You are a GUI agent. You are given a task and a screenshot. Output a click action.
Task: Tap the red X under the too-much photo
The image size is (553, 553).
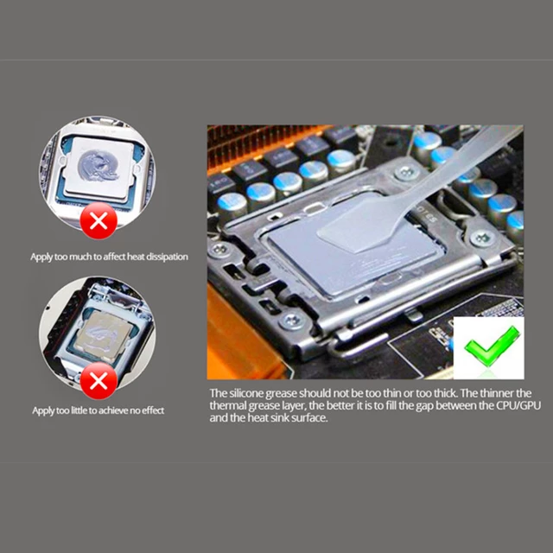click(99, 221)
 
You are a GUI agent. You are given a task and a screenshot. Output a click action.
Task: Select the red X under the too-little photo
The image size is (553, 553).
click(99, 381)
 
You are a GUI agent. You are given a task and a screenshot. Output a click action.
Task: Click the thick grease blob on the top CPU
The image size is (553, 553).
click(98, 165)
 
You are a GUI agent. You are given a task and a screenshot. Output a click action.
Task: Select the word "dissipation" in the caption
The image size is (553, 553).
click(167, 257)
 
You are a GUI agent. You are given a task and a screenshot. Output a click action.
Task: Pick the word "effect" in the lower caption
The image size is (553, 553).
click(153, 410)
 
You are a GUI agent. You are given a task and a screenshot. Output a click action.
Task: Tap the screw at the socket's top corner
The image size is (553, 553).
click(407, 173)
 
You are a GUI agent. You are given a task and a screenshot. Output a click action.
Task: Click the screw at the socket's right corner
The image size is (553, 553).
click(481, 238)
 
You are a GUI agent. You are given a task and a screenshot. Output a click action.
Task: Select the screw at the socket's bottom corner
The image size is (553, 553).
click(292, 321)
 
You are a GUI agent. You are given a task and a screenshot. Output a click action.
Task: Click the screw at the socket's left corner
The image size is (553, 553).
click(219, 250)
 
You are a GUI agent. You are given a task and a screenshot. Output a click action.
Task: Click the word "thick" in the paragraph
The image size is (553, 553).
click(444, 393)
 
